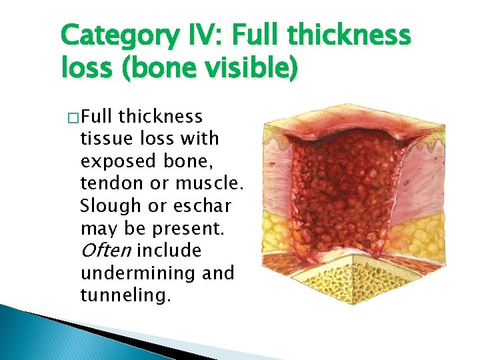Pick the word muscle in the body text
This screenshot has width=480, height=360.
197,183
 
